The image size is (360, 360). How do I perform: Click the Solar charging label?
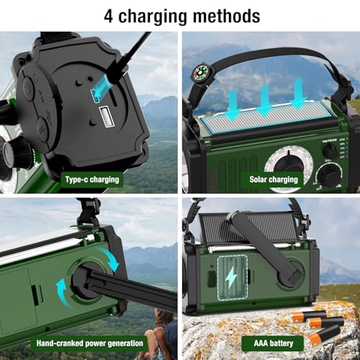point(274,179)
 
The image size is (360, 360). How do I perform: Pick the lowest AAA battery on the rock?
point(322,337)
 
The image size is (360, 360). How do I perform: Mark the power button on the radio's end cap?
point(27,88)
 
